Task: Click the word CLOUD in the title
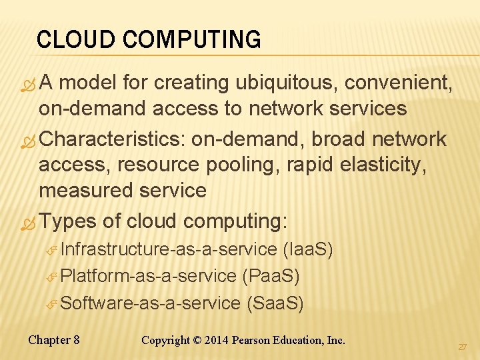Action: pyautogui.click(x=67, y=40)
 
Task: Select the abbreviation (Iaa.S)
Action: pyautogui.click(x=309, y=250)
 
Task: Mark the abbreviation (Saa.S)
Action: pyautogui.click(x=275, y=304)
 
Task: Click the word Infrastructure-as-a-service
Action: pyautogui.click(x=169, y=250)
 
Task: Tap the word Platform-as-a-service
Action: pyautogui.click(x=148, y=276)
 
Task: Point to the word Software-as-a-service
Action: pyautogui.click(x=150, y=304)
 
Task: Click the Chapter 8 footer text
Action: pyautogui.click(x=54, y=340)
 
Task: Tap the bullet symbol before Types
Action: pyautogui.click(x=27, y=223)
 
